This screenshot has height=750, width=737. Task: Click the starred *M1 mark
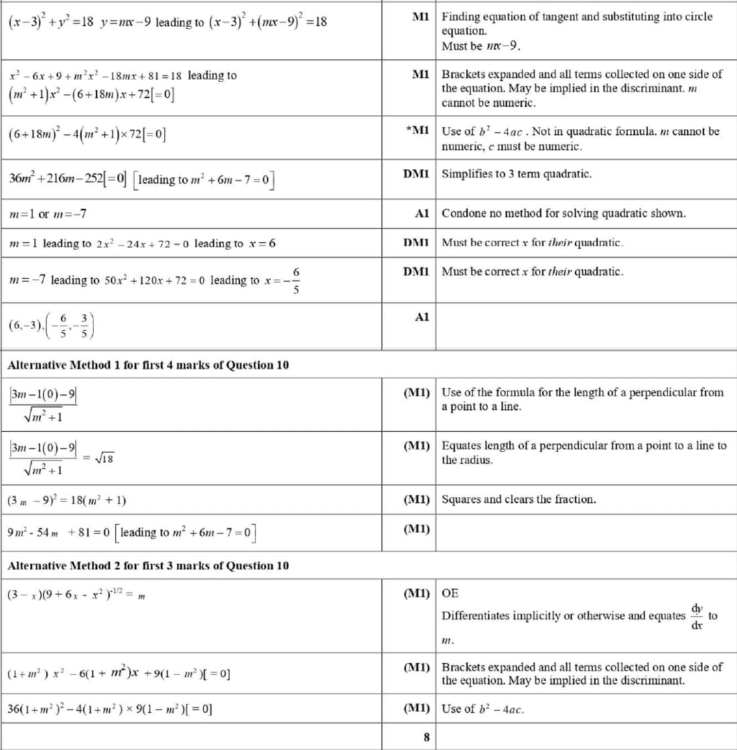pos(417,131)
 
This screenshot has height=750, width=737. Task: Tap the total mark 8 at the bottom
pos(426,737)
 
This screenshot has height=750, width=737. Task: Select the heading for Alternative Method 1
pos(148,365)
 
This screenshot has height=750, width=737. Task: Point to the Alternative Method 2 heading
pos(148,566)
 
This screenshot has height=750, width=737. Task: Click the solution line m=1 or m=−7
pos(47,214)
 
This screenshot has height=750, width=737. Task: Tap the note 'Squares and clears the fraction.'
pos(519,500)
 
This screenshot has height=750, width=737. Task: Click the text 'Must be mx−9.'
pos(481,46)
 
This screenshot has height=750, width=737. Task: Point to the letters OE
pos(450,593)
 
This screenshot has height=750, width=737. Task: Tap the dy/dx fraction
pos(697,614)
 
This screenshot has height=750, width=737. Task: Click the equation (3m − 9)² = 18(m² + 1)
pos(67,500)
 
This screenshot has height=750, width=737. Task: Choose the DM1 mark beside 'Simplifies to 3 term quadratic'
pos(415,174)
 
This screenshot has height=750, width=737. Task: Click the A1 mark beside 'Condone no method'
pos(421,214)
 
